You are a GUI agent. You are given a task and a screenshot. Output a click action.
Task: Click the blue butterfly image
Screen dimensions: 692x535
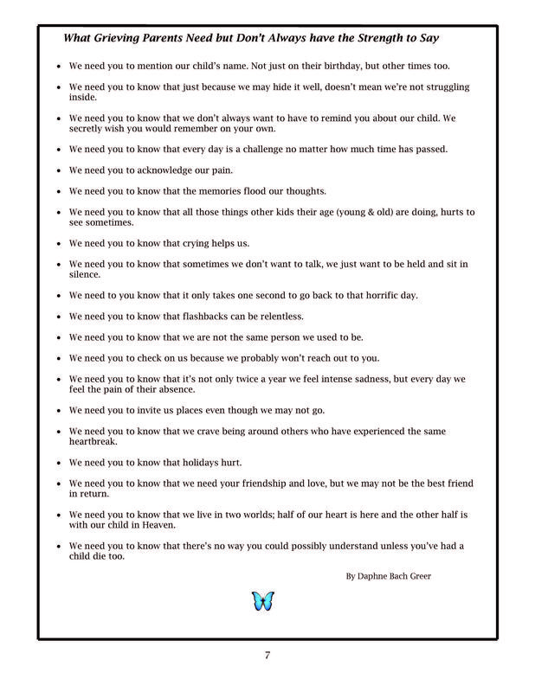(x=262, y=601)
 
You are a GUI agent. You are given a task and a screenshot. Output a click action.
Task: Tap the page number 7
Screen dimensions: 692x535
(x=267, y=654)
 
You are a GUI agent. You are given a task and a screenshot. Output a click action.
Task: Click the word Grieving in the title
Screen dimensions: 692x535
(x=124, y=39)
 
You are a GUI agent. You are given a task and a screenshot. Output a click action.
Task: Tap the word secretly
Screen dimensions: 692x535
(x=87, y=128)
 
